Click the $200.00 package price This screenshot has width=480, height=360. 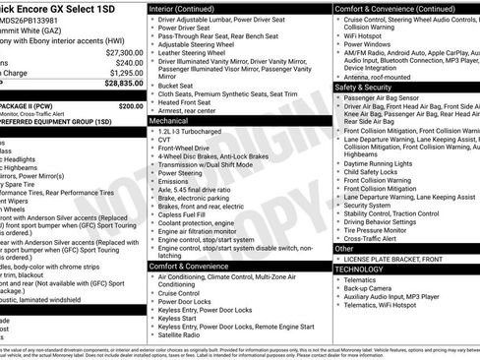130,105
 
